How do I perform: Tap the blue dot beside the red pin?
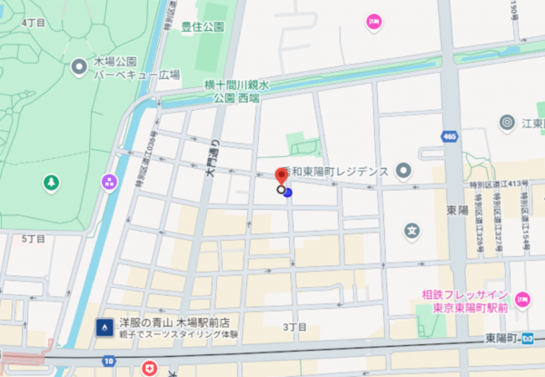point(288,192)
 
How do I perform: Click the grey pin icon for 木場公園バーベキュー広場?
point(80,65)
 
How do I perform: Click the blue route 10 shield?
point(109,362)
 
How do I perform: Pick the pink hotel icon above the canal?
point(372,22)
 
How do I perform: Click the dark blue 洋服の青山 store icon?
point(105,325)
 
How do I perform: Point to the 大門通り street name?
point(215,154)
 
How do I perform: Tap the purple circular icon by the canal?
point(109,182)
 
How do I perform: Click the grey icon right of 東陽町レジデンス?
point(403,170)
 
